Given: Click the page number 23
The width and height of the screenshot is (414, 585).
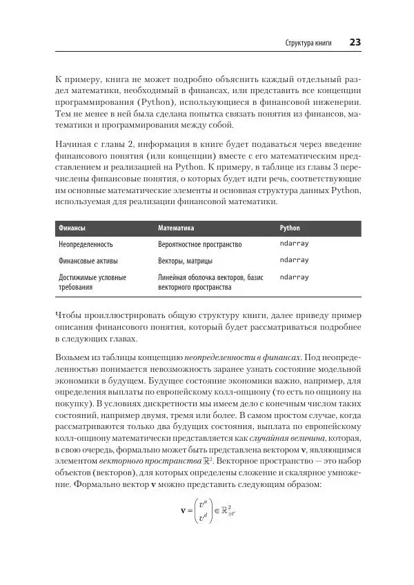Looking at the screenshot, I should click(x=355, y=42).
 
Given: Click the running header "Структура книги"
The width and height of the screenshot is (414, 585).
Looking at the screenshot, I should click(x=308, y=43).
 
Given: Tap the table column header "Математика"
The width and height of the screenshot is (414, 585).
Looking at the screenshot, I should click(x=176, y=227).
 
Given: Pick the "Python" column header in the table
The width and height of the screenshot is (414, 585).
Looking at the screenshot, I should click(x=290, y=227).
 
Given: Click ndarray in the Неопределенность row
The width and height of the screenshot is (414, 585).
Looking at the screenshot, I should click(x=294, y=244).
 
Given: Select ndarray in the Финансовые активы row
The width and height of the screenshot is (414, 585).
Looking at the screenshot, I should click(x=294, y=261).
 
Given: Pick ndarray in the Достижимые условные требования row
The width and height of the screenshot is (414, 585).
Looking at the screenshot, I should click(x=294, y=277).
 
